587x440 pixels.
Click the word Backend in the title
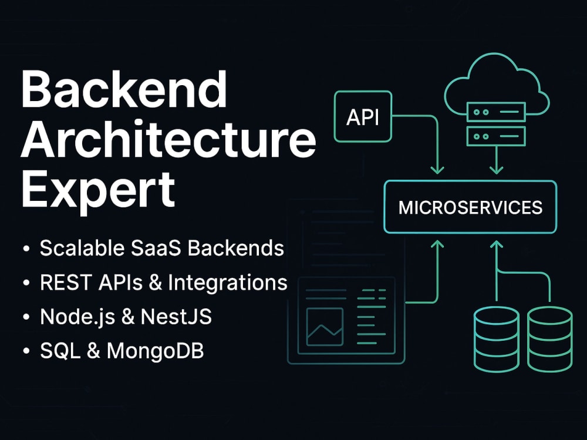(124, 89)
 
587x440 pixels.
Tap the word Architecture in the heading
(169, 139)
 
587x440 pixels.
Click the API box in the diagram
(363, 116)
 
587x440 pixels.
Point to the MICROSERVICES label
(470, 207)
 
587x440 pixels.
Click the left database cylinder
(497, 339)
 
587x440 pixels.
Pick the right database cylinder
(549, 339)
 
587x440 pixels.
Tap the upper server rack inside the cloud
(497, 112)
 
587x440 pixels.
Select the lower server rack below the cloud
(497, 136)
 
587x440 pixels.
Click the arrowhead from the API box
(437, 169)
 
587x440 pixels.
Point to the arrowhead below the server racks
(497, 169)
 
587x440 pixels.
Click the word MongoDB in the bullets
(156, 351)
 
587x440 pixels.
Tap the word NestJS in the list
(176, 317)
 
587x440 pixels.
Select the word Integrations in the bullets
(228, 283)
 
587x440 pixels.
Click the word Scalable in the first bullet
(82, 248)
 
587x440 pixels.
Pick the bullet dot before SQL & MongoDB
(26, 351)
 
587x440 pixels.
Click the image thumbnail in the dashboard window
(325, 327)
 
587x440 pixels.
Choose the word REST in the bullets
(66, 283)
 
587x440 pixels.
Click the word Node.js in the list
(77, 317)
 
